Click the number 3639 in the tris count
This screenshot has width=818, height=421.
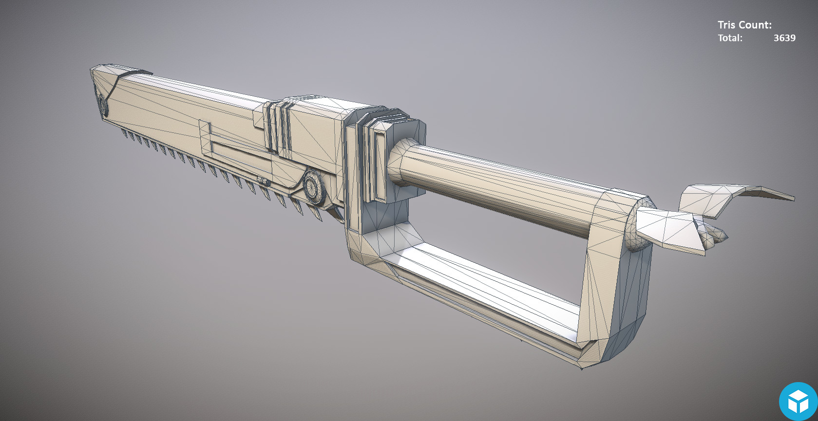(784, 38)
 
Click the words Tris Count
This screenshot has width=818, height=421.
(744, 25)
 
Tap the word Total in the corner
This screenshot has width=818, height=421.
(729, 38)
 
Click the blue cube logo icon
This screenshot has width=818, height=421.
(798, 401)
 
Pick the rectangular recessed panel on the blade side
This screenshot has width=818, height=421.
(234, 146)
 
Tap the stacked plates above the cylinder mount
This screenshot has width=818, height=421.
(385, 119)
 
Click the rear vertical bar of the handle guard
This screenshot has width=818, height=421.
(619, 282)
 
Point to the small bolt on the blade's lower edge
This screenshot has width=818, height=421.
(264, 182)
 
